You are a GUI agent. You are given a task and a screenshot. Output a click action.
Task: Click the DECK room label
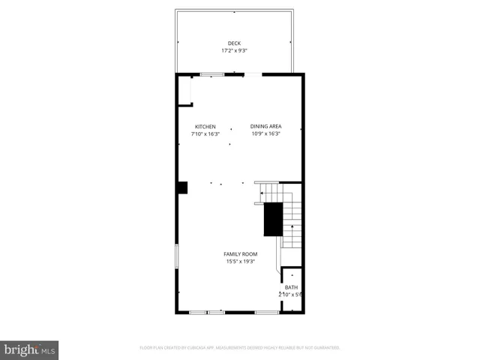(x=235, y=43)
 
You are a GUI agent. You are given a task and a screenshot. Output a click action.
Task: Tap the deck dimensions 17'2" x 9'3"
(x=235, y=51)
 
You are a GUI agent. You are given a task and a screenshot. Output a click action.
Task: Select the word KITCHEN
(x=205, y=126)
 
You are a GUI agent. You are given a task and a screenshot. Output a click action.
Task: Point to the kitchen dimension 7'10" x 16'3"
(x=205, y=133)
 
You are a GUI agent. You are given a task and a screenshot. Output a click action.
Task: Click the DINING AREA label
(x=265, y=126)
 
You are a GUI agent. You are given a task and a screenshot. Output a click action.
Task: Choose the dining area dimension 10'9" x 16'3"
(x=265, y=133)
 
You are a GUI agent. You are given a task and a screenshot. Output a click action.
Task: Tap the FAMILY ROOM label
(x=241, y=254)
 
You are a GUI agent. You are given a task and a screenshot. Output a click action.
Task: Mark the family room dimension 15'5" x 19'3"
(x=241, y=262)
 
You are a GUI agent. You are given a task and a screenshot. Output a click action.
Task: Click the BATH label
(x=290, y=287)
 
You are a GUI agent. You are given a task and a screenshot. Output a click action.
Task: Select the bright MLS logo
(x=30, y=349)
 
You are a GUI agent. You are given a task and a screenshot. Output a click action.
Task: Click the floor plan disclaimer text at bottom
(x=240, y=348)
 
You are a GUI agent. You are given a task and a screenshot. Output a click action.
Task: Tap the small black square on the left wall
(x=182, y=187)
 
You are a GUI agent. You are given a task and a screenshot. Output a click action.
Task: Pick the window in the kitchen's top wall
(x=212, y=74)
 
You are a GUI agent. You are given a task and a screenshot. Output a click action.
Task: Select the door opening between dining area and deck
(x=253, y=74)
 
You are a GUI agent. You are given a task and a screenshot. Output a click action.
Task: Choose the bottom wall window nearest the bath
(x=267, y=311)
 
